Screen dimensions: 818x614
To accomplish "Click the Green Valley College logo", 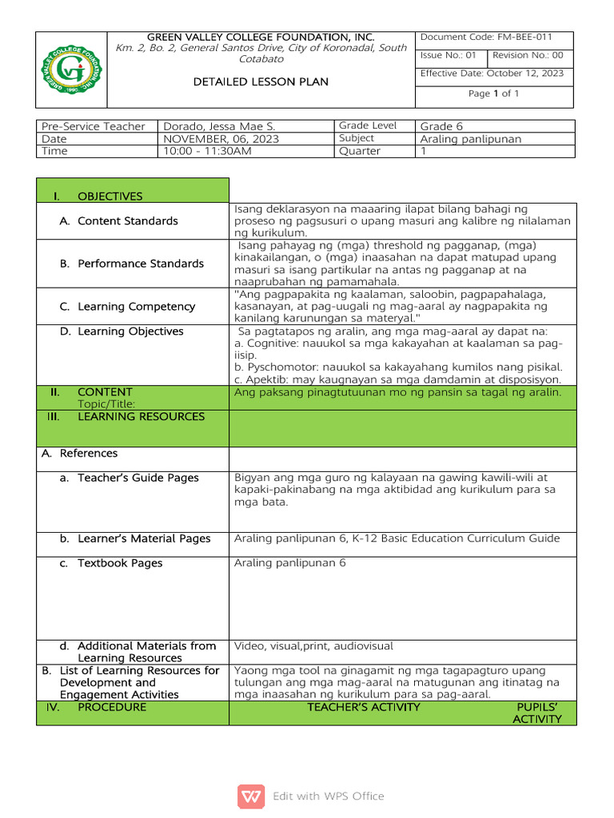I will pos(71,69).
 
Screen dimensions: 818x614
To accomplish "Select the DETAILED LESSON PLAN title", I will pos(261,81).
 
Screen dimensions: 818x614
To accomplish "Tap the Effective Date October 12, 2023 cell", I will pos(492,73).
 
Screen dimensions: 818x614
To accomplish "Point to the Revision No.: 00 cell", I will pos(528,56).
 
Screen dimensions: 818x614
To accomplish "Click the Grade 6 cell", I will pos(441,126).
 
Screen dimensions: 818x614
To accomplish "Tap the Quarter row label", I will pos(360,151).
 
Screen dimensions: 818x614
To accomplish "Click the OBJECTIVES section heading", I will pos(110,197).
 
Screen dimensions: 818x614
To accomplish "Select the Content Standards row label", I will pos(128,220).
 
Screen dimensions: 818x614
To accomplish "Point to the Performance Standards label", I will pos(141,264).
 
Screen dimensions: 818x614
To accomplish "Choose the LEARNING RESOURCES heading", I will pos(141,416).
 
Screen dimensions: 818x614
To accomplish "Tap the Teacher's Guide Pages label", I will pos(138,478).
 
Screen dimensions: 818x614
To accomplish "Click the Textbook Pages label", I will pos(120,563).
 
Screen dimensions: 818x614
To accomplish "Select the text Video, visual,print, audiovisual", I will pos(313,645).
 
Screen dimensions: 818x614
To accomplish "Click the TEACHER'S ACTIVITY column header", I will pos(364,707).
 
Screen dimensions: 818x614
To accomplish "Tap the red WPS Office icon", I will pos(251,796).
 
